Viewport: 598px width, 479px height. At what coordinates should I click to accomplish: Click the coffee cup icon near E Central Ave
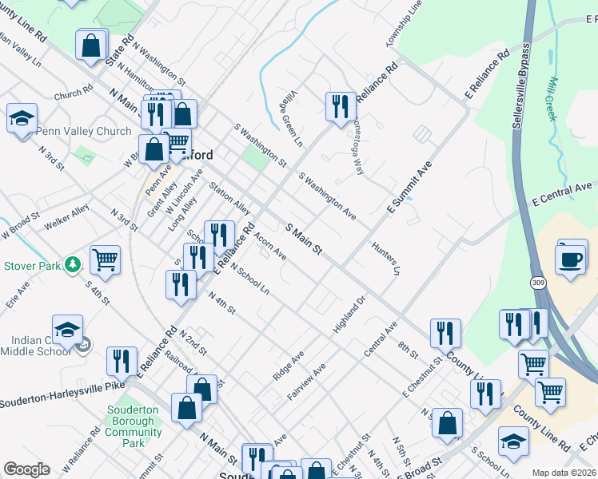click(572, 259)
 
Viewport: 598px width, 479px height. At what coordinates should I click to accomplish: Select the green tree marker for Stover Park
click(73, 263)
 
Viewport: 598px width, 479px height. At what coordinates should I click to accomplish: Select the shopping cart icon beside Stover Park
click(105, 259)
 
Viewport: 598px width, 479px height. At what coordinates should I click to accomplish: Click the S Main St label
click(304, 239)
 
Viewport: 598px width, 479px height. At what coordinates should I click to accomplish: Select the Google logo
click(26, 469)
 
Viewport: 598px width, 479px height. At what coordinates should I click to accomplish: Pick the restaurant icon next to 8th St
click(445, 333)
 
